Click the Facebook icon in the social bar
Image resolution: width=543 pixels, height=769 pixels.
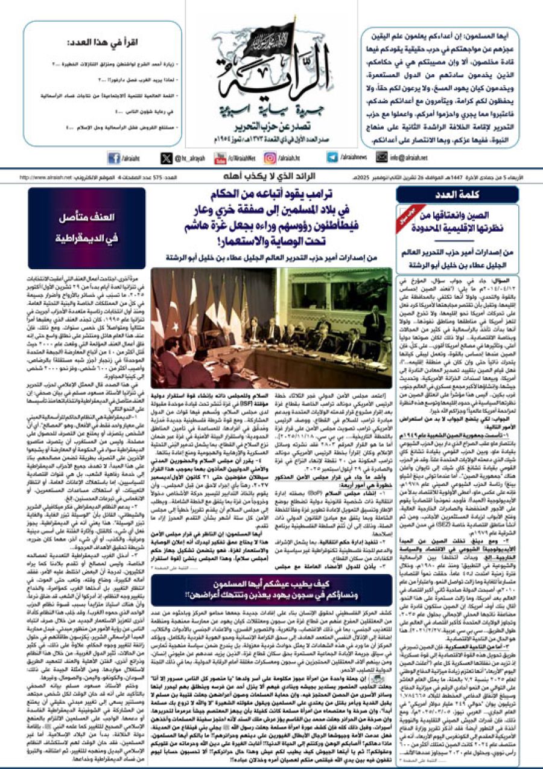(x=114, y=158)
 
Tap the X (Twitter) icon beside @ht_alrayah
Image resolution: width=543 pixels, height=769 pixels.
(x=167, y=158)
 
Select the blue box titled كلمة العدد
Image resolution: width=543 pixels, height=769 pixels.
(x=457, y=195)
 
